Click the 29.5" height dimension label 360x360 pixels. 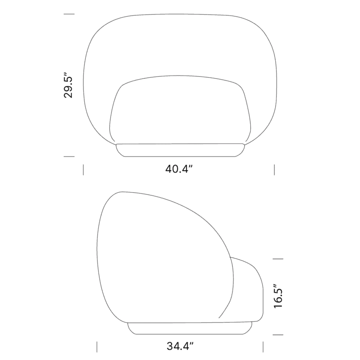pos(69,86)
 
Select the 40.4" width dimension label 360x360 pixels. pos(179,169)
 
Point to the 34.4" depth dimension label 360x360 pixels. pos(180,347)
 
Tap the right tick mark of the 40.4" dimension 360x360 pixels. pos(274,169)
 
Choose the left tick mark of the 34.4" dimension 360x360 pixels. pos(97,347)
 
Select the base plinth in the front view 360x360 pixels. pos(179,150)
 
